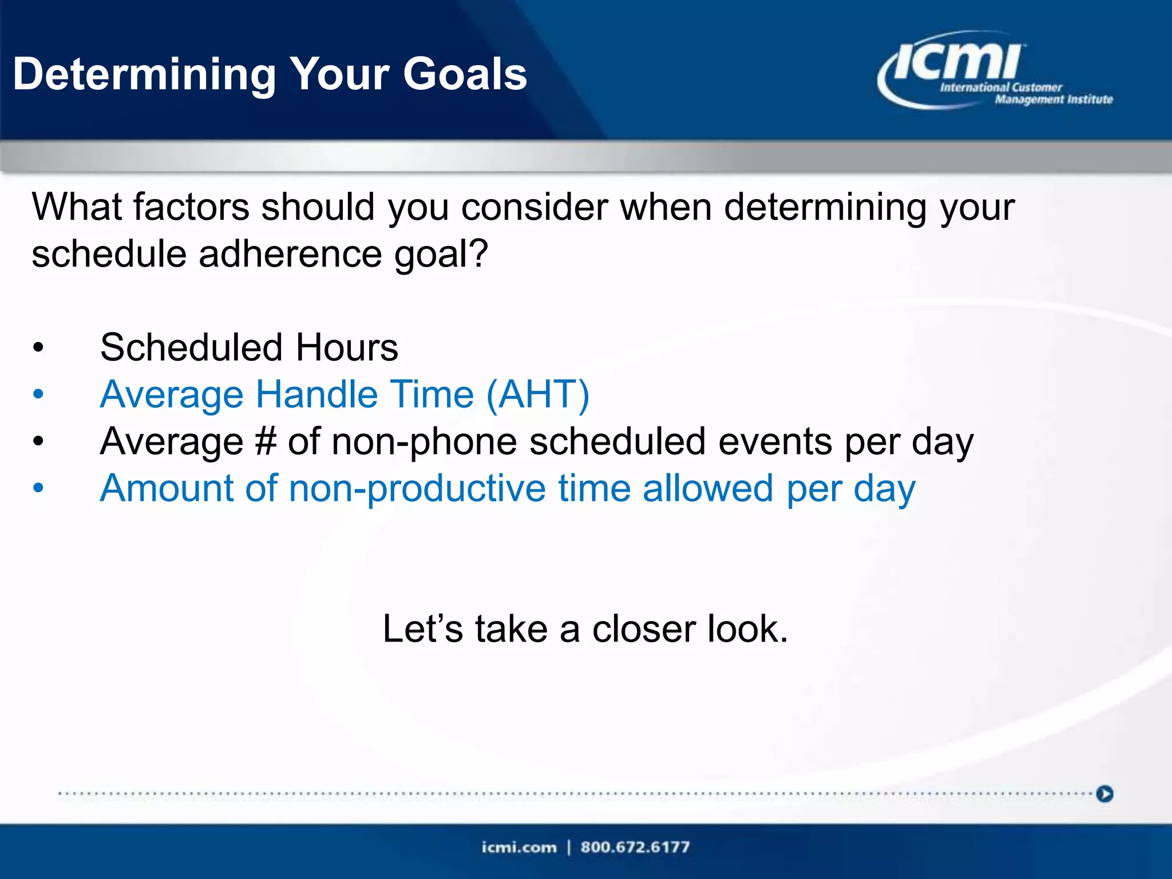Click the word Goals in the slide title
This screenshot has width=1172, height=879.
[x=465, y=74]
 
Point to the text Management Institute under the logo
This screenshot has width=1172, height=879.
[x=1054, y=100]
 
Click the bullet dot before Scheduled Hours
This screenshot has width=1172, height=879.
[x=38, y=347]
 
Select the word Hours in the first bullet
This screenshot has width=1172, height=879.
[x=347, y=347]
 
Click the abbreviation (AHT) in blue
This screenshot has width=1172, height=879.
[x=538, y=394]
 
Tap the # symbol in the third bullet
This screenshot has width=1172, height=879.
[x=266, y=441]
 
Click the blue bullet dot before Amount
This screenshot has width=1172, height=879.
[x=38, y=488]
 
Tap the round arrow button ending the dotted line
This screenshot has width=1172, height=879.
[x=1104, y=794]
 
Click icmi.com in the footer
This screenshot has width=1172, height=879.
[x=518, y=847]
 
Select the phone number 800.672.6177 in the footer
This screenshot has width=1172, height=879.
[x=635, y=847]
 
